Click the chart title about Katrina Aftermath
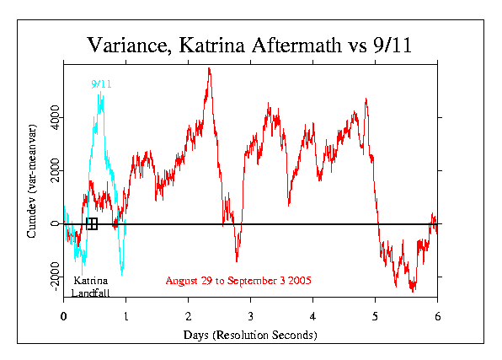(249, 45)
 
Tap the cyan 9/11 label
(101, 84)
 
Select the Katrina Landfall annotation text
(90, 287)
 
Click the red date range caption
(238, 281)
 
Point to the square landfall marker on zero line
(92, 223)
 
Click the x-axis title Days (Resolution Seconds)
(250, 335)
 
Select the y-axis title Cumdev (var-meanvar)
(32, 181)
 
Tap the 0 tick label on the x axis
(63, 316)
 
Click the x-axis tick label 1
(125, 316)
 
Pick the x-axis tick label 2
(189, 316)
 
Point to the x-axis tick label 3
(250, 316)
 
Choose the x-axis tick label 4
(312, 316)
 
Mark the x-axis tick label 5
(375, 316)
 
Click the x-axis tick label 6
(437, 316)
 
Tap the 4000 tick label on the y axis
(55, 117)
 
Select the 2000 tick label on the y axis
(55, 170)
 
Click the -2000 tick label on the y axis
(55, 277)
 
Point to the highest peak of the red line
(209, 68)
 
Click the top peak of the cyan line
(100, 92)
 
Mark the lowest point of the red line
(413, 292)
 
